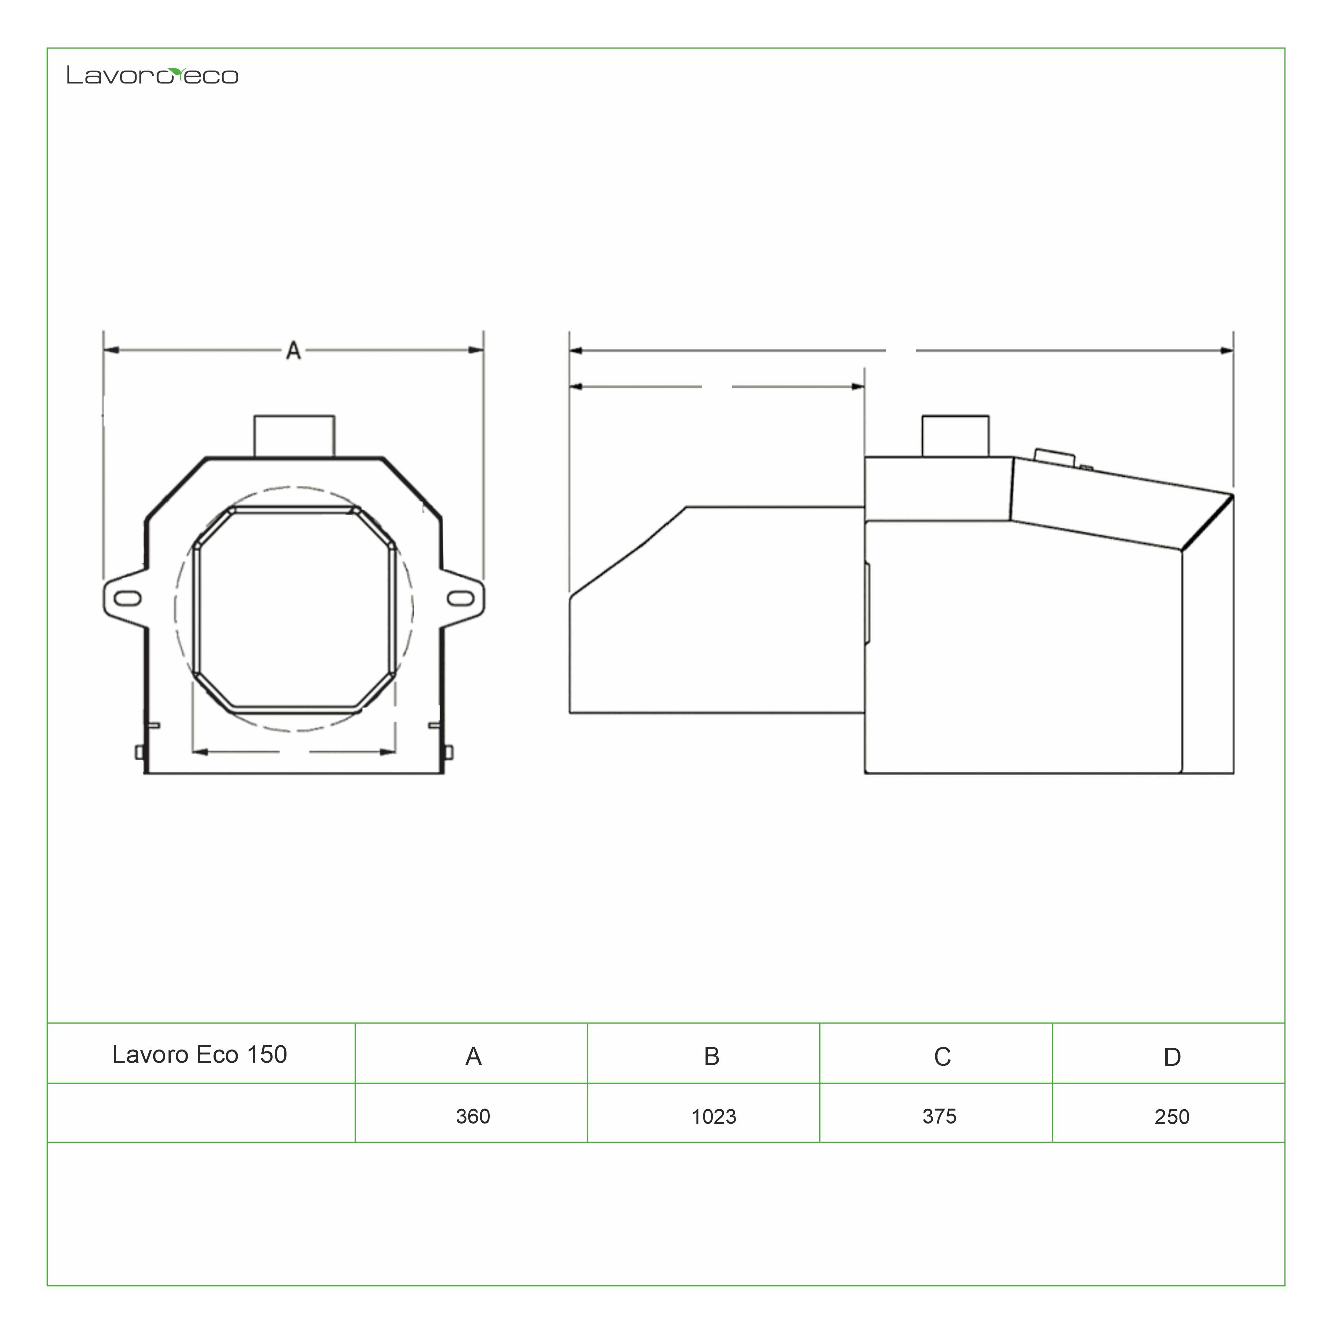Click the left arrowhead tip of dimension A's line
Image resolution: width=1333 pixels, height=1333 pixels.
pyautogui.click(x=104, y=350)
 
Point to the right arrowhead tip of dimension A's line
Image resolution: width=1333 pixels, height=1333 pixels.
pyautogui.click(x=483, y=350)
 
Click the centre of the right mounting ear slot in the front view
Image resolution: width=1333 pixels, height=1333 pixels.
pyautogui.click(x=460, y=598)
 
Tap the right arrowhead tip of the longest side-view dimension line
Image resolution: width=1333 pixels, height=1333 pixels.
pyautogui.click(x=1233, y=351)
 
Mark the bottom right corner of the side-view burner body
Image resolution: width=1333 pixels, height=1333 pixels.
pyautogui.click(x=1233, y=773)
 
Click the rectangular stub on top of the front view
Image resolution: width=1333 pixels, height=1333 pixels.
pyautogui.click(x=294, y=436)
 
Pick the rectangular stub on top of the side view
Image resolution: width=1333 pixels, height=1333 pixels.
pyautogui.click(x=955, y=436)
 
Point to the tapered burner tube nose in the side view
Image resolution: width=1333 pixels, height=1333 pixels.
pyautogui.click(x=717, y=610)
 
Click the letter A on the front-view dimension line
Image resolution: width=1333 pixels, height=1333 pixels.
pyautogui.click(x=293, y=351)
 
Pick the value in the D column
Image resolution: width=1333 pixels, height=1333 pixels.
pyautogui.click(x=1172, y=1117)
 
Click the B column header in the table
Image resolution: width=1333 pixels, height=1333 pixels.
pyautogui.click(x=711, y=1056)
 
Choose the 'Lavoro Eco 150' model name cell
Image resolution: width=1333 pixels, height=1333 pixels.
pyautogui.click(x=200, y=1054)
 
